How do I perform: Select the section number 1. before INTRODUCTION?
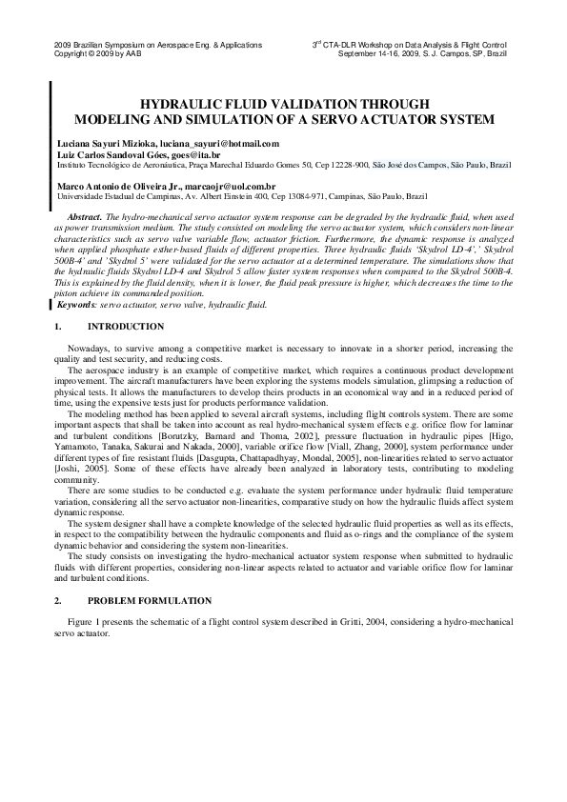tap(59, 327)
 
